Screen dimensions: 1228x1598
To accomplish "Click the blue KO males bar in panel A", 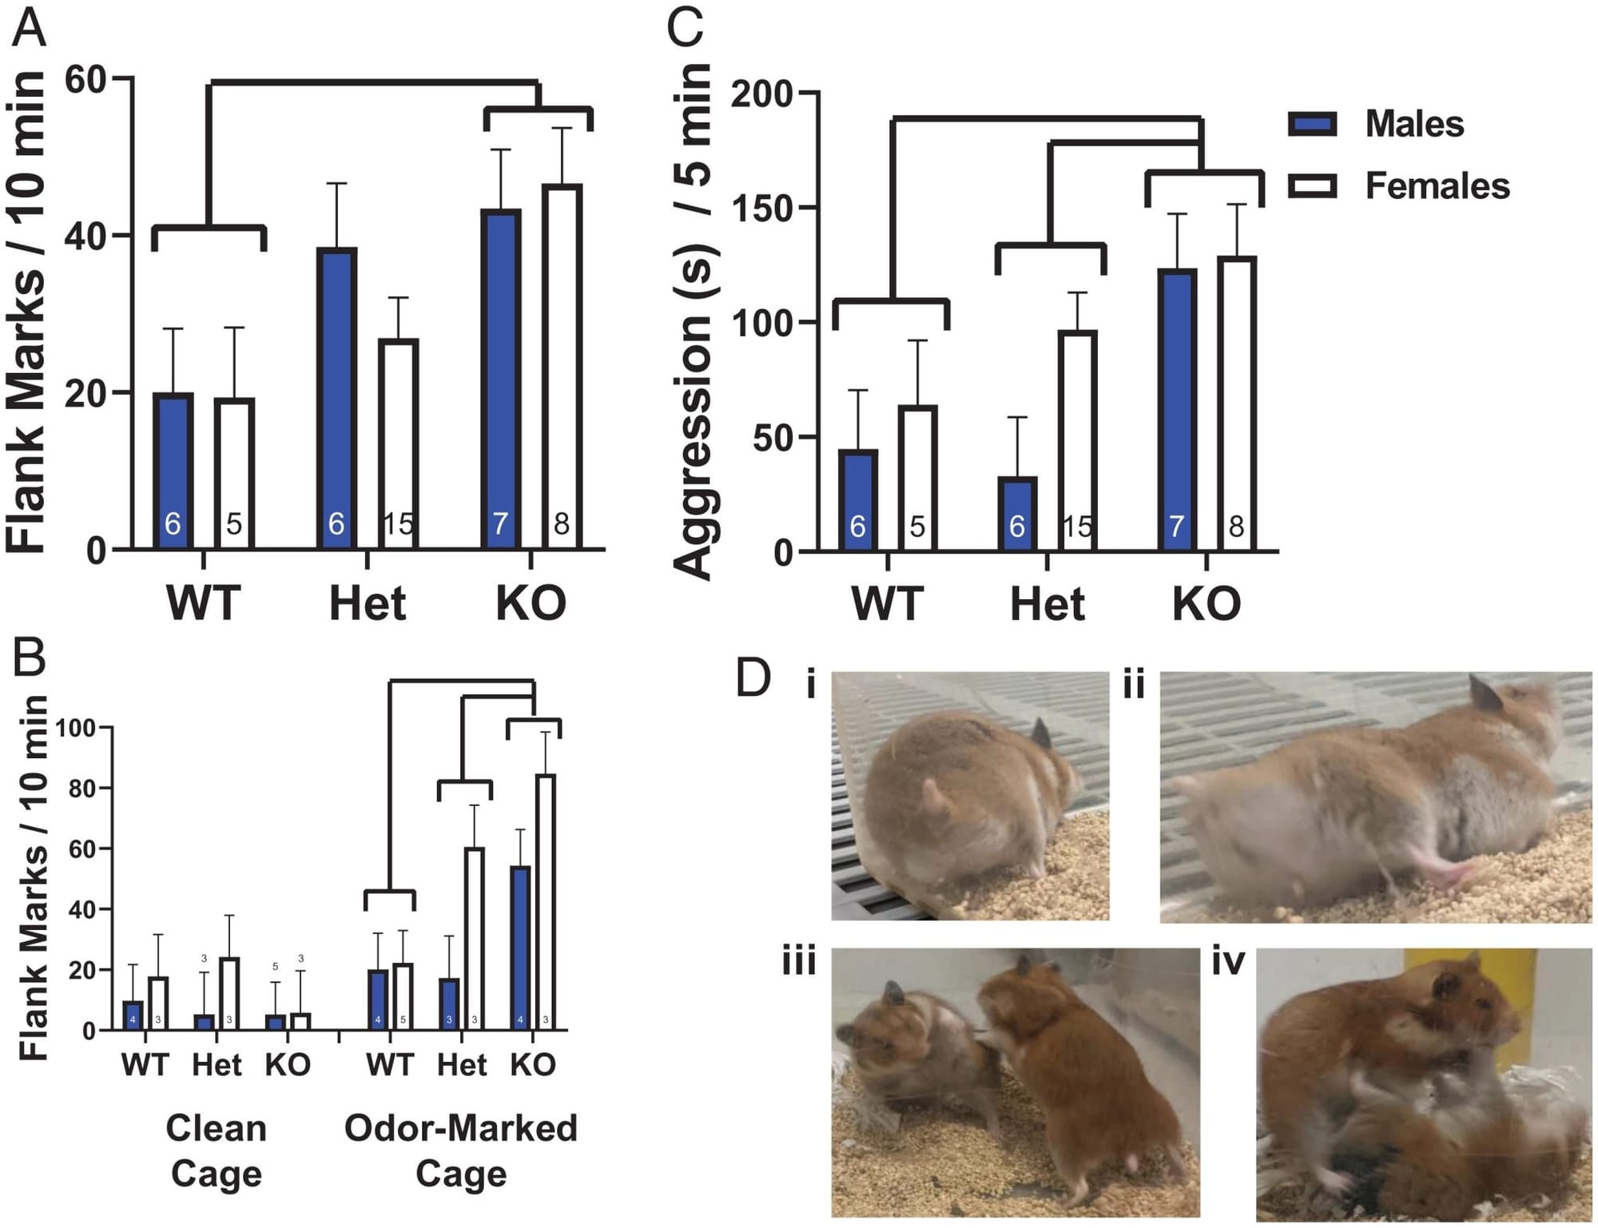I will tap(500, 376).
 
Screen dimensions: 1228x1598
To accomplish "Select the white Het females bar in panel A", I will tap(399, 439).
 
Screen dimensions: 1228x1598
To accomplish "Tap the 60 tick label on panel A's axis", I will tap(85, 79).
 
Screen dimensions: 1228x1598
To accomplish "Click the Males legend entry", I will tap(1376, 125).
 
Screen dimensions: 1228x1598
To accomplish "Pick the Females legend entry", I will tap(1398, 186).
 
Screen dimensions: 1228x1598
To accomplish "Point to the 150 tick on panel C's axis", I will tap(761, 209).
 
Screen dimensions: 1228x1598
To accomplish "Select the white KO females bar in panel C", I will tap(1236, 399).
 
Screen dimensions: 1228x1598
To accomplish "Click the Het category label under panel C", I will tap(1047, 604).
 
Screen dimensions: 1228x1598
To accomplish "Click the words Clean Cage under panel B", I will tap(216, 1151).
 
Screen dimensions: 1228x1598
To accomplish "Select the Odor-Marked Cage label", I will tap(461, 1151).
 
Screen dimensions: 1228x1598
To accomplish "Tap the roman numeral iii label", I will tap(799, 961).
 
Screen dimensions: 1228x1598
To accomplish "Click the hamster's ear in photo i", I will tap(1040, 733).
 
